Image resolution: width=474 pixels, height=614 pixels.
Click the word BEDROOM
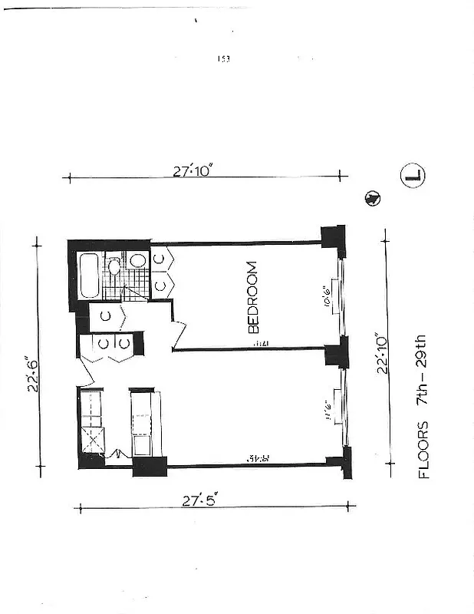(x=254, y=298)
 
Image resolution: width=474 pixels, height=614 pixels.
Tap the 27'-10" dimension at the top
(x=192, y=172)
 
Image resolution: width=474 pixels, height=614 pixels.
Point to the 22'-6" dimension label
(x=33, y=373)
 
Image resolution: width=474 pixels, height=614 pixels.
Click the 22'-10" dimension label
(x=381, y=352)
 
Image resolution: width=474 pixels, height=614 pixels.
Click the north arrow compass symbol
(x=372, y=198)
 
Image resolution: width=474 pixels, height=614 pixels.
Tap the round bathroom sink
(x=138, y=261)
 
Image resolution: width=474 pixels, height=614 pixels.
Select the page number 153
(x=224, y=59)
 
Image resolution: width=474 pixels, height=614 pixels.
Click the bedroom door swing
(x=179, y=332)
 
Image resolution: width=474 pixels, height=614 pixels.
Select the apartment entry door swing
(x=85, y=374)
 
